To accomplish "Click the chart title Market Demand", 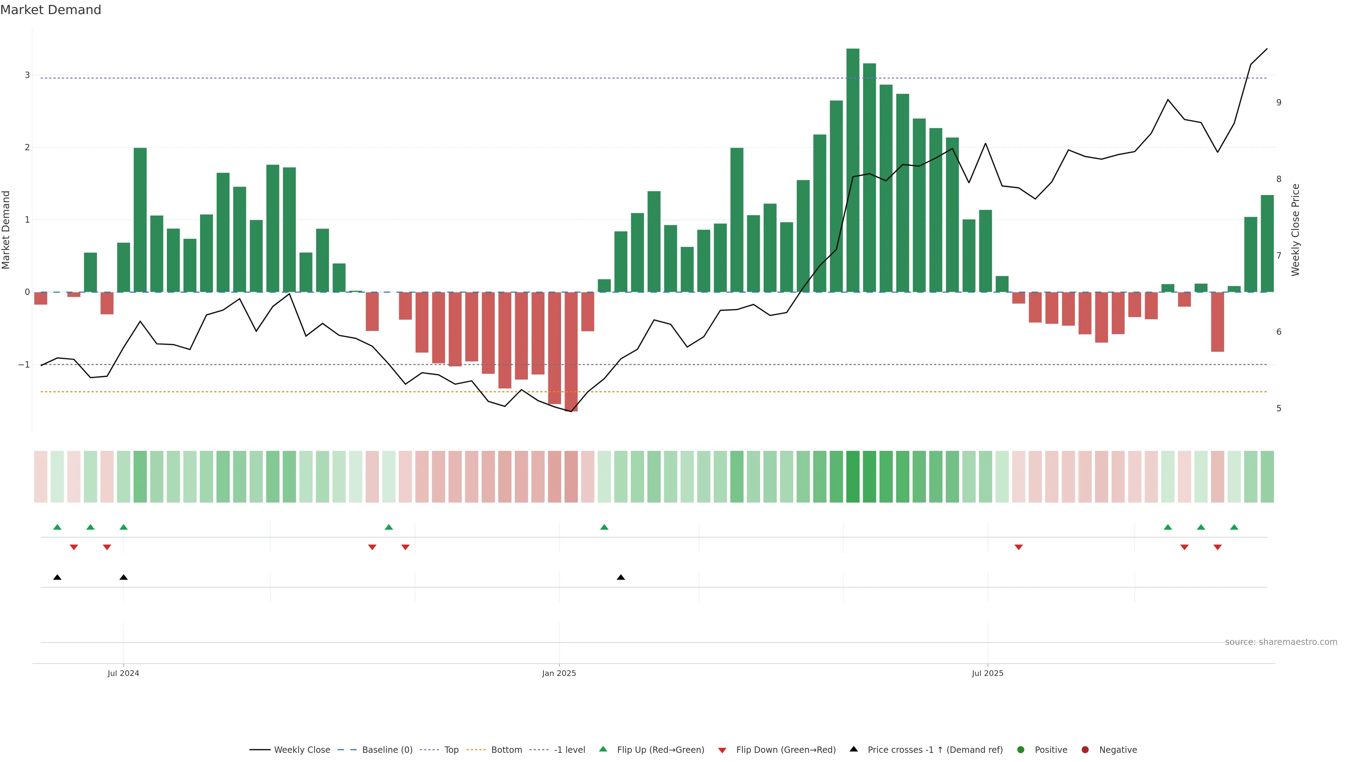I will [50, 10].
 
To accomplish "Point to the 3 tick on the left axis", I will [28, 75].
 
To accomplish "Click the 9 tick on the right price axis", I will [1279, 103].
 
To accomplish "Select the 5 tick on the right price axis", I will [1279, 409].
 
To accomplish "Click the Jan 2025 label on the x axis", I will [559, 673].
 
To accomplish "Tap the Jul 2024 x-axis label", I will [123, 673].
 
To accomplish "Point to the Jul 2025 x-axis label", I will [987, 673].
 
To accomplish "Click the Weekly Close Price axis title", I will [1295, 230].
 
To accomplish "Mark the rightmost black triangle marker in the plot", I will [621, 577].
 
